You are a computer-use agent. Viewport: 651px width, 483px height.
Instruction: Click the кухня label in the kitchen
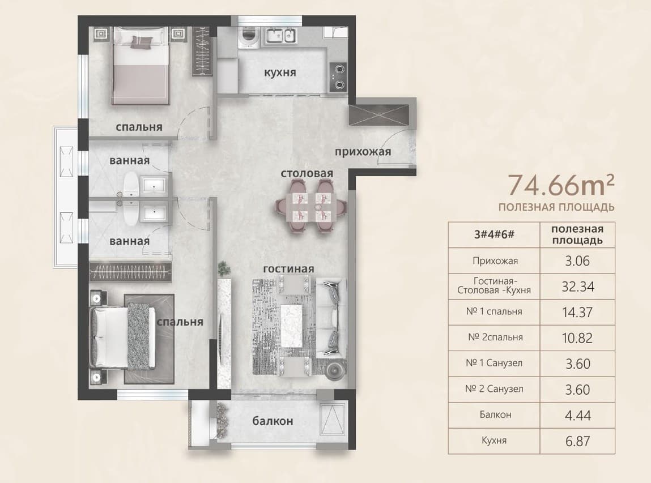coord(280,72)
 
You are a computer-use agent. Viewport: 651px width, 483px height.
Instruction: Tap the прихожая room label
coord(363,152)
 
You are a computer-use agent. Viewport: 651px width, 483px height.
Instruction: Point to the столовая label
coord(307,173)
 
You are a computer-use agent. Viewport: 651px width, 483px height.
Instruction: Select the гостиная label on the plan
coord(288,269)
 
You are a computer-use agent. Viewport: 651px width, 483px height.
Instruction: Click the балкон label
coord(273,421)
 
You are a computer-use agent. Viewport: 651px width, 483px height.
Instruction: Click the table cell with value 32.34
coord(577,287)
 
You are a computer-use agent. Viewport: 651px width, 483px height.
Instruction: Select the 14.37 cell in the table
coord(577,312)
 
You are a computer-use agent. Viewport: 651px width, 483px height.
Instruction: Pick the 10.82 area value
coord(577,338)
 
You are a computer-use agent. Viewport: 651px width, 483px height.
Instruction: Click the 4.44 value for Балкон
coord(577,415)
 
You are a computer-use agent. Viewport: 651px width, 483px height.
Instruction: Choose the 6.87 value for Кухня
coord(577,441)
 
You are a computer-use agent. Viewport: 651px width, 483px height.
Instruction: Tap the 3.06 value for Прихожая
coord(577,260)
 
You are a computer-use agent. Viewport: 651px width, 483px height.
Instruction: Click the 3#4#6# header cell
coord(494,234)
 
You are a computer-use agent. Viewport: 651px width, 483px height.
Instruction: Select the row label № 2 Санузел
coord(494,389)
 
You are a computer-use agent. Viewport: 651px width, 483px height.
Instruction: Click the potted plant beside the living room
coord(224,269)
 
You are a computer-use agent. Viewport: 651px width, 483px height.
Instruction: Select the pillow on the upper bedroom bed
coord(142,41)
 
